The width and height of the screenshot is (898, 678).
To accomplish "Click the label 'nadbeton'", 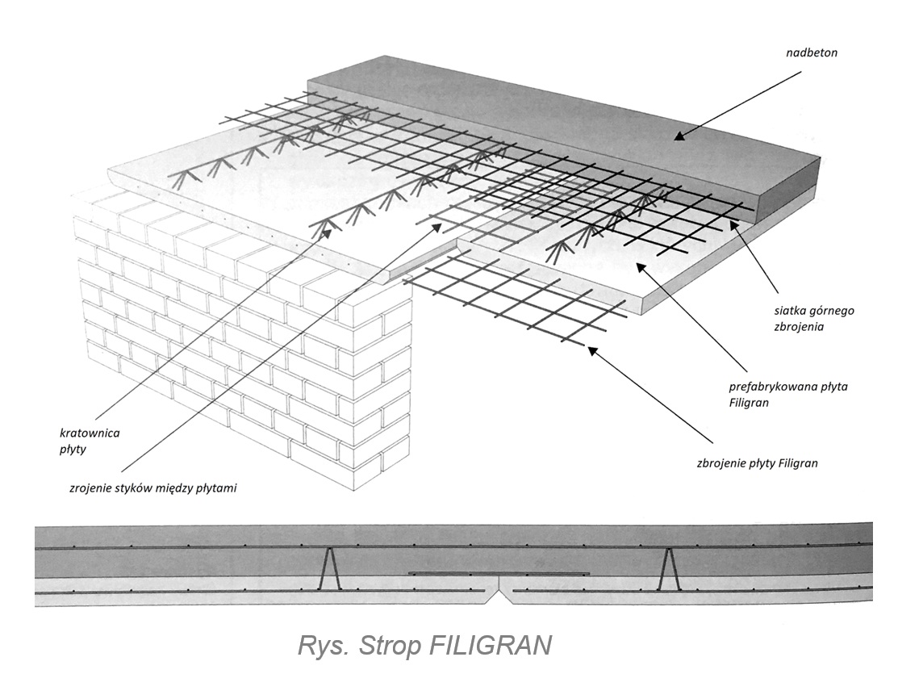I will click(x=812, y=54).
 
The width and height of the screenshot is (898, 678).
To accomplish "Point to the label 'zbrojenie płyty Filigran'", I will click(x=757, y=463).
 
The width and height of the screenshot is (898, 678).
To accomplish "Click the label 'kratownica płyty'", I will click(x=95, y=440).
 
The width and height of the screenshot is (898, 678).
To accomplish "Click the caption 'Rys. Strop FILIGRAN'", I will click(x=424, y=646).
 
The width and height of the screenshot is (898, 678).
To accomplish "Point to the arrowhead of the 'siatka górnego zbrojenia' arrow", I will click(x=733, y=222).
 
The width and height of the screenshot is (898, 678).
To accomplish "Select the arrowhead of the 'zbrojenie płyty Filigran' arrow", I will click(x=591, y=349).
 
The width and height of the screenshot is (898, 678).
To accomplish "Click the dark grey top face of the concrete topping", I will click(x=565, y=121).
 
